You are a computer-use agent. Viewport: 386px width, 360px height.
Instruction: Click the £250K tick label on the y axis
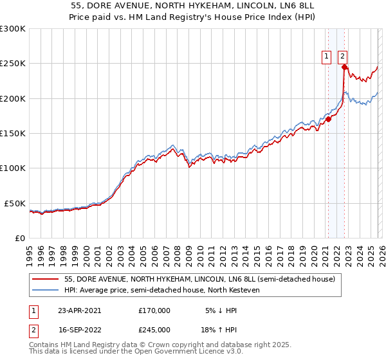[12, 64]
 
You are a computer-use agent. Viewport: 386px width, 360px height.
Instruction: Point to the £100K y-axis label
[12, 168]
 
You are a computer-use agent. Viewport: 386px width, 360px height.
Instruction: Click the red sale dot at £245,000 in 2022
[344, 67]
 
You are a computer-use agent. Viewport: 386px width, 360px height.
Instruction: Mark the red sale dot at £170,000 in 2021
[328, 119]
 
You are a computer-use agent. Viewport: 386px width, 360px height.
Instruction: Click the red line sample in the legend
[46, 280]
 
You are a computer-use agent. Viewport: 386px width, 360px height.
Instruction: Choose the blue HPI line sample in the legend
[46, 291]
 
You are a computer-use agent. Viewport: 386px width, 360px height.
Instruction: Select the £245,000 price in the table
[154, 329]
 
